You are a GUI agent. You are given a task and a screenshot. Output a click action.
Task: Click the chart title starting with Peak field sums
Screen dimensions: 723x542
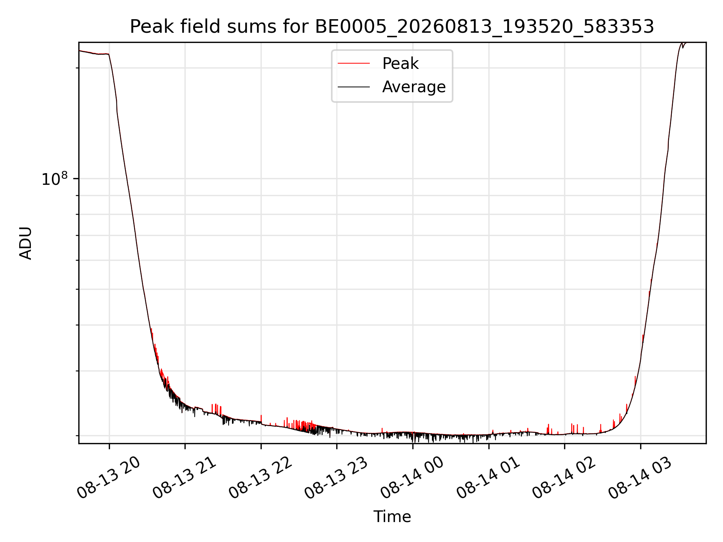(392, 27)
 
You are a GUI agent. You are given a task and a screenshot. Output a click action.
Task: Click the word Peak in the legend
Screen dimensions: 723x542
(400, 64)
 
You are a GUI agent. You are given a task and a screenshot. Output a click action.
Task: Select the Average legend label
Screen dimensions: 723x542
(414, 87)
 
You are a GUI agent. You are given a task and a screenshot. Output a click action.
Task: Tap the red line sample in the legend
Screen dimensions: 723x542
(354, 64)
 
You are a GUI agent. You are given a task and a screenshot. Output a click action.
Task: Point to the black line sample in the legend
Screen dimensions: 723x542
(354, 87)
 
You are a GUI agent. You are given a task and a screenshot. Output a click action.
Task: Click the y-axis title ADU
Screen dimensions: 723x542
(26, 243)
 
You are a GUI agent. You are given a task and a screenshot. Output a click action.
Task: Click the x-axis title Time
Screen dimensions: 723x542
(392, 517)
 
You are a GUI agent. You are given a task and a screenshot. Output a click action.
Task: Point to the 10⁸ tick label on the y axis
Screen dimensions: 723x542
(54, 179)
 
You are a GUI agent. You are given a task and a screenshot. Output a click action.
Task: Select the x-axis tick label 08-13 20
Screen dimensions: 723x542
(108, 477)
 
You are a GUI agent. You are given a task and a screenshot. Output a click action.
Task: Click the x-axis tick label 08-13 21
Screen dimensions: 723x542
(185, 477)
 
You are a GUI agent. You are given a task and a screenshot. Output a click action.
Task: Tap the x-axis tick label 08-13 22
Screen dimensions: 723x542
(261, 477)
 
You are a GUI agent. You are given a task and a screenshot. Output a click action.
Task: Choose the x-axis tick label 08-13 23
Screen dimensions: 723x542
(336, 477)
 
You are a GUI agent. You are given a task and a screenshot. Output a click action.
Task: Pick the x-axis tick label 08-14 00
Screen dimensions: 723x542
(412, 477)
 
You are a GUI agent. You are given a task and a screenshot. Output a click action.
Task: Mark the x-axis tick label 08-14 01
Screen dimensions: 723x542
(488, 477)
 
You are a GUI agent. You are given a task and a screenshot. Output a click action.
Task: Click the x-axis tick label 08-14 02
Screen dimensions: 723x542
(564, 477)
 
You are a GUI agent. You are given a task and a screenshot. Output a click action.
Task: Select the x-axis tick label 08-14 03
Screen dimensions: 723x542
(640, 477)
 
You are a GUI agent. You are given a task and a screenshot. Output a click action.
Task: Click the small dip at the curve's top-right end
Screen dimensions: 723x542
(683, 47)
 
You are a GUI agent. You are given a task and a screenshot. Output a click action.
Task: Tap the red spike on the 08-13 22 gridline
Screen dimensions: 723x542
(261, 419)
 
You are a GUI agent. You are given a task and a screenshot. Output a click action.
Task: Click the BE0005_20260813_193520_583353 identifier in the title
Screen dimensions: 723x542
(485, 27)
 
